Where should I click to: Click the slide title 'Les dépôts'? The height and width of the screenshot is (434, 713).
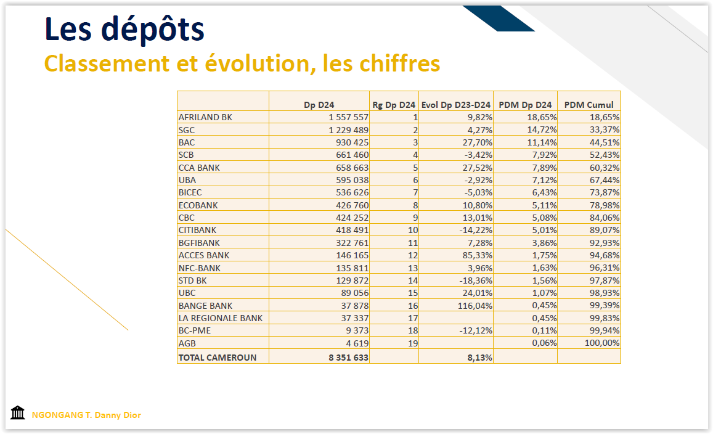click(x=124, y=30)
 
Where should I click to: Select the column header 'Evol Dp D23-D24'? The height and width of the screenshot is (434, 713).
click(x=456, y=105)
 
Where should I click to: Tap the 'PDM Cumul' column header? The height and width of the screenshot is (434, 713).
click(x=589, y=105)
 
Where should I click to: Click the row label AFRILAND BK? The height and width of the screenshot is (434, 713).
click(x=205, y=117)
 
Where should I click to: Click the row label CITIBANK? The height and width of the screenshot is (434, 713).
click(x=199, y=230)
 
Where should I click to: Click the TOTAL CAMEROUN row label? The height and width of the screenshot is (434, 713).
click(x=217, y=357)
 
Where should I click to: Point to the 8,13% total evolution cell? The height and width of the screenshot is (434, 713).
click(x=481, y=357)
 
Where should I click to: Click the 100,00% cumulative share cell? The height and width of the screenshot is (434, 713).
click(x=602, y=343)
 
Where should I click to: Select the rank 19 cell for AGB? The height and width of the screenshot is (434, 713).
click(x=413, y=343)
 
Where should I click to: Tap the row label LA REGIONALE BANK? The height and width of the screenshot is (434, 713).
click(x=220, y=318)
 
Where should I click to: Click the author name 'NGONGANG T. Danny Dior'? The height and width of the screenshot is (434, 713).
click(x=86, y=415)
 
